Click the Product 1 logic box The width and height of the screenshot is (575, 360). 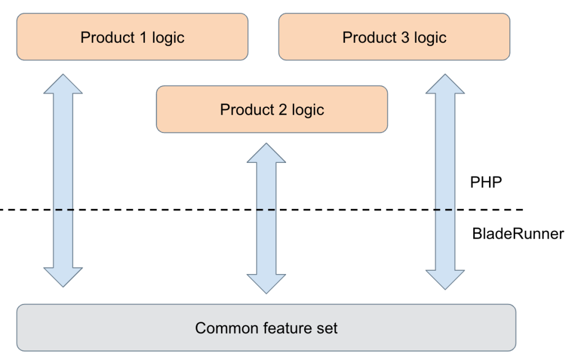point(133,37)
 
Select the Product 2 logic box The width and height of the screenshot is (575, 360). point(271,110)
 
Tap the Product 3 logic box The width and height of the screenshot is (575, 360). point(394,37)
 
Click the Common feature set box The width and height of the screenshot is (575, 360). point(266,327)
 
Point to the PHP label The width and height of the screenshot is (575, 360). point(486,182)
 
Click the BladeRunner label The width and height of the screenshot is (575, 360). point(518,234)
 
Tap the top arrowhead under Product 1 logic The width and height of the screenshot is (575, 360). point(63,84)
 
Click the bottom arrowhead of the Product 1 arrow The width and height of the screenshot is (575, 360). point(63,277)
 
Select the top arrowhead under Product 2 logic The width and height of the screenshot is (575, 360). point(266,153)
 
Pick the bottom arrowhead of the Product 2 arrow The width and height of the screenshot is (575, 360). point(266,284)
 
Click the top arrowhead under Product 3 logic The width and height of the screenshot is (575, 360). point(445,84)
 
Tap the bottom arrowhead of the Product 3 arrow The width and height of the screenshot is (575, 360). point(445,280)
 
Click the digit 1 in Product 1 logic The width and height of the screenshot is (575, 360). point(143,37)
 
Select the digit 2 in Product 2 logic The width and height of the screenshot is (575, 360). point(282,110)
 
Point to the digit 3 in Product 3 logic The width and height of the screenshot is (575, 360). point(405,37)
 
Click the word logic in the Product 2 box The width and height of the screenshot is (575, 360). point(308,110)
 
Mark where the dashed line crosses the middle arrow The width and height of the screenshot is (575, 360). point(266,209)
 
